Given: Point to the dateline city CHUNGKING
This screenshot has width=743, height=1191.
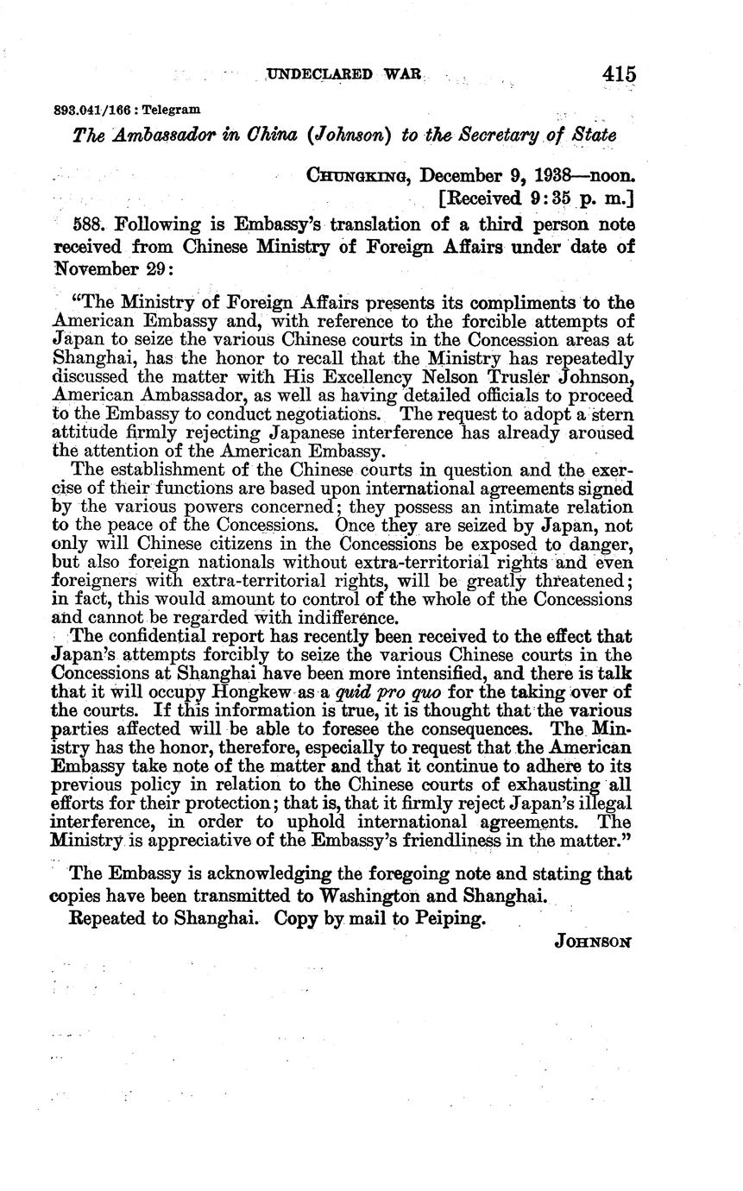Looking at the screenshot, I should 349,176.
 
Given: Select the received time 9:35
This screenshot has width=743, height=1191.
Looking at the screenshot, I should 551,199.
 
